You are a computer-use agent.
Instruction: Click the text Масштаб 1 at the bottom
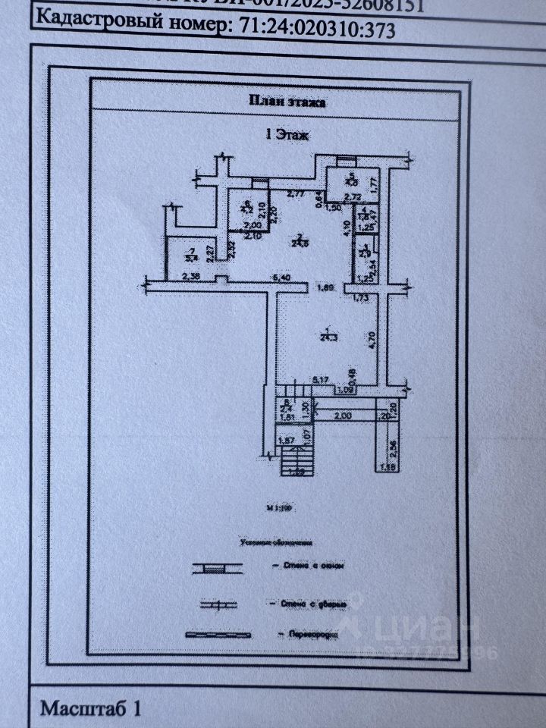(x=90, y=709)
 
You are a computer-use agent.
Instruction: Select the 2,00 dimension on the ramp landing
(x=343, y=416)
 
